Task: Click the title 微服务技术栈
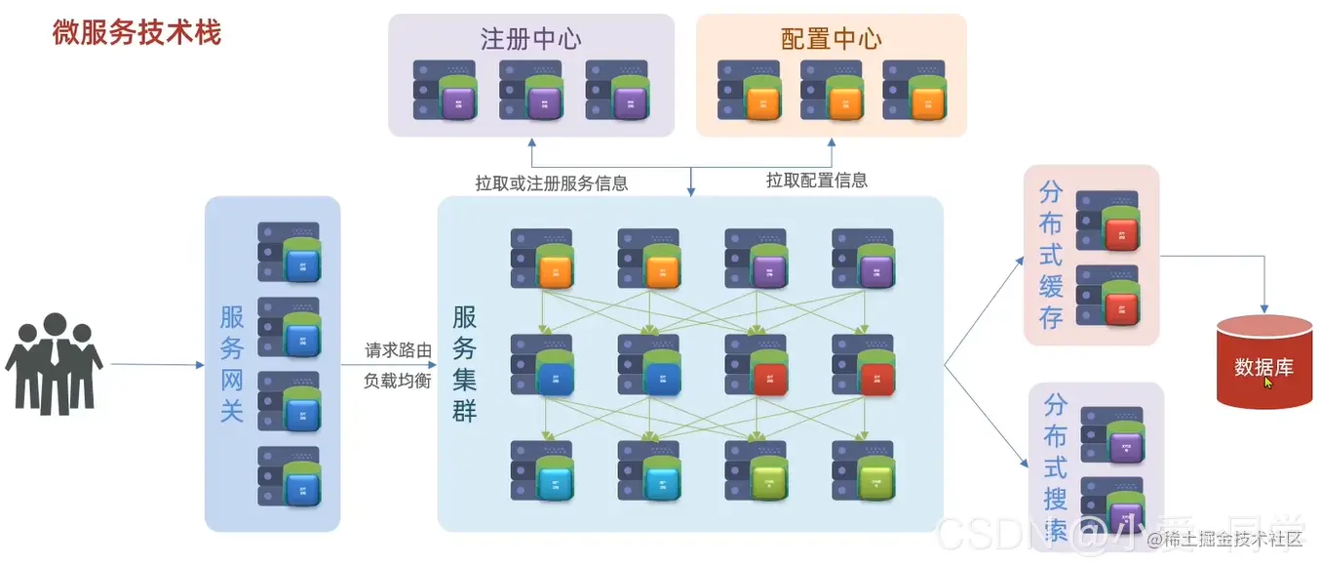pos(136,32)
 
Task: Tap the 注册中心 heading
pos(530,38)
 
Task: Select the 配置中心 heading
pos(831,38)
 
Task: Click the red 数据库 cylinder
pos(1264,364)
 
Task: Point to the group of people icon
pos(54,362)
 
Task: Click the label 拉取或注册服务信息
pos(551,182)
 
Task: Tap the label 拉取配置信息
pos(816,181)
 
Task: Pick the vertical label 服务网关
pos(232,364)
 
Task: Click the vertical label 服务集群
pos(464,364)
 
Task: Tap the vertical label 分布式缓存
pos(1050,254)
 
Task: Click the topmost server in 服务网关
pos(290,253)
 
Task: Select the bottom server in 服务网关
pos(290,475)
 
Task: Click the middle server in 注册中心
pos(530,91)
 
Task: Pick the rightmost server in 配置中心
pos(913,91)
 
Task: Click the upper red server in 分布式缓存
pos(1107,221)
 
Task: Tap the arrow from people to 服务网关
pos(156,365)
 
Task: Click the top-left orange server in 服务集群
pos(542,259)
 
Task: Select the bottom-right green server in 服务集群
pos(863,470)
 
